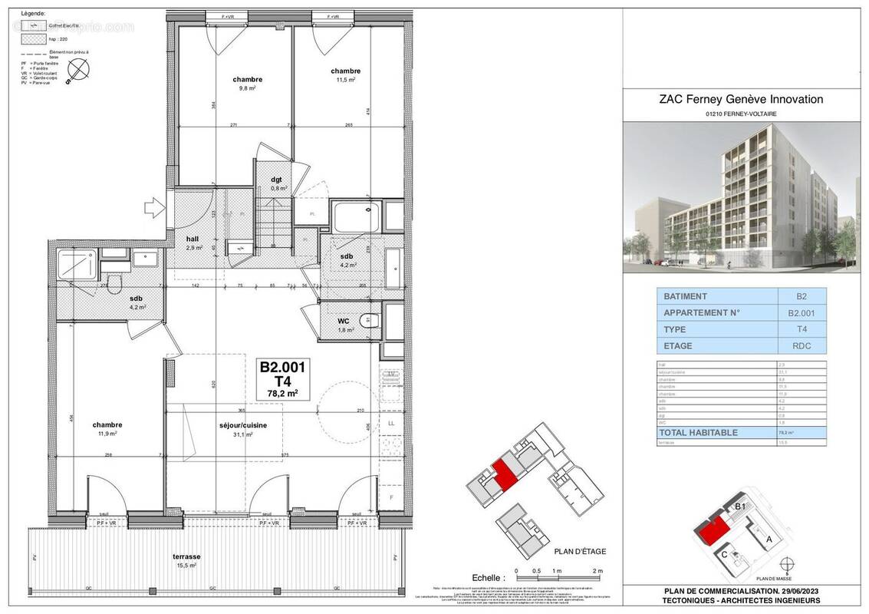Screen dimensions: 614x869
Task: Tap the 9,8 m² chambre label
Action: (248, 84)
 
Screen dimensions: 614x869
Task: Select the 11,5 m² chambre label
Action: (345, 75)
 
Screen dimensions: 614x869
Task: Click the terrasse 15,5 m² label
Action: (187, 560)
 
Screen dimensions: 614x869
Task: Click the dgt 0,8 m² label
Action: (278, 183)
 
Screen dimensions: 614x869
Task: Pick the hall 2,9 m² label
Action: (194, 243)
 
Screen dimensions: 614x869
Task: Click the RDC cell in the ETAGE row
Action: (802, 345)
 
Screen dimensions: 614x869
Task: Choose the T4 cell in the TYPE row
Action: (802, 329)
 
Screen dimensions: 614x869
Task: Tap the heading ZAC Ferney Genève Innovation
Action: (741, 99)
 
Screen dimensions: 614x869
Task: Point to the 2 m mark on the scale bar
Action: (598, 572)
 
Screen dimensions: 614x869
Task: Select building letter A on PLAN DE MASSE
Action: (769, 540)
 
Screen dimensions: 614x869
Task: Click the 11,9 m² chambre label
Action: (107, 428)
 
